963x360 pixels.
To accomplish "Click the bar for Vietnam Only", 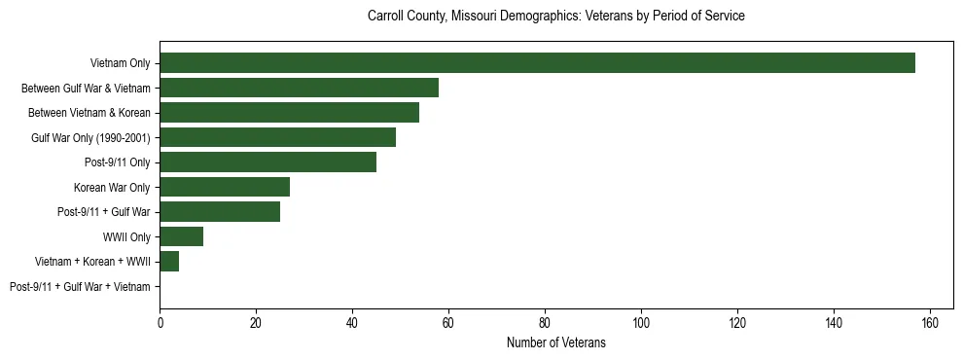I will (x=537, y=63).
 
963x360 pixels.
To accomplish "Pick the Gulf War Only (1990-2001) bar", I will (x=277, y=137).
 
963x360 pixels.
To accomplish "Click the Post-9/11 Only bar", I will (x=267, y=162).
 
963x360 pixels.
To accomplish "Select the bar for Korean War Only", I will (x=225, y=187).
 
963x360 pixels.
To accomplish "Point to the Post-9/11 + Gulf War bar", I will (x=220, y=211).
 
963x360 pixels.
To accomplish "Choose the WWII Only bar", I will (x=181, y=236).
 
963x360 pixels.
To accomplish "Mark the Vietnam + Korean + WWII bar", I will (x=169, y=261).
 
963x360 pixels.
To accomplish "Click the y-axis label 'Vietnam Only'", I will (x=120, y=64).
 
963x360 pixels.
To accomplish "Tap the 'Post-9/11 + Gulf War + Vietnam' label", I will (x=80, y=287).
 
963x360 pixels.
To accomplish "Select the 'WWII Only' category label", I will (x=126, y=237).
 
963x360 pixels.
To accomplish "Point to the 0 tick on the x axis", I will (x=160, y=322).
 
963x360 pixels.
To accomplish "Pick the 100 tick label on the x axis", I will (x=641, y=322).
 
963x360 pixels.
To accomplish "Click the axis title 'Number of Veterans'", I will (x=556, y=342).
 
